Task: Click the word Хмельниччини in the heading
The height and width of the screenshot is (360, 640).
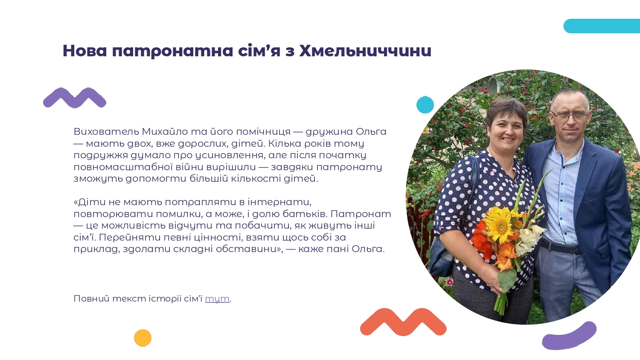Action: tap(365, 51)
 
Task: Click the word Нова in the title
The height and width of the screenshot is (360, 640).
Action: tap(85, 51)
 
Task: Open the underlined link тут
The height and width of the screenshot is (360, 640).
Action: tap(217, 299)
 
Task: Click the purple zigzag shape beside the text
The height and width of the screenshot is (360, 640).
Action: tap(75, 98)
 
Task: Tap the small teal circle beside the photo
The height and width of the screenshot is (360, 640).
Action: tap(425, 105)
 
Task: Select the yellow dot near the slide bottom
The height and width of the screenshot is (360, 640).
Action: tap(143, 338)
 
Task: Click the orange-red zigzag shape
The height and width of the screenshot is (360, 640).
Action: tap(403, 322)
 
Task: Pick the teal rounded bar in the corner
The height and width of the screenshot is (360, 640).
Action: tap(602, 26)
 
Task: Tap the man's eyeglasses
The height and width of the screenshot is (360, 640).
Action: tap(570, 116)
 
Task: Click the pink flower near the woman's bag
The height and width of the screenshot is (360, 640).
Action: tap(449, 282)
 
